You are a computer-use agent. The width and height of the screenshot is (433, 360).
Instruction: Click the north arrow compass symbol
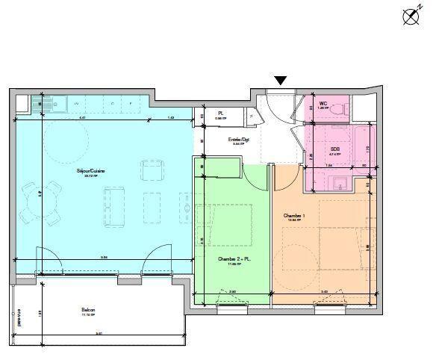click(x=410, y=16)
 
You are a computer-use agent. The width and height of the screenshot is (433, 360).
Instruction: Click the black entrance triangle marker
click(x=281, y=81)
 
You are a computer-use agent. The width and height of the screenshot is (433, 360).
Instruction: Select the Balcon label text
click(x=89, y=309)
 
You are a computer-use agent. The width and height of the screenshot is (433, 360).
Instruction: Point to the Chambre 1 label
click(x=294, y=216)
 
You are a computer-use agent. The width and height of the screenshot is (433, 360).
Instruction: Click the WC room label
click(x=323, y=104)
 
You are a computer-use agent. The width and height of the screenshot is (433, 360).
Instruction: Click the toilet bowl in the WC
click(x=340, y=110)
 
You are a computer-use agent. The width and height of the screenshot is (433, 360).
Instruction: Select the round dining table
click(x=41, y=202)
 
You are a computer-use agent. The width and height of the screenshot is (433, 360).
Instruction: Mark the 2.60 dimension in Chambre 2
click(x=232, y=292)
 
